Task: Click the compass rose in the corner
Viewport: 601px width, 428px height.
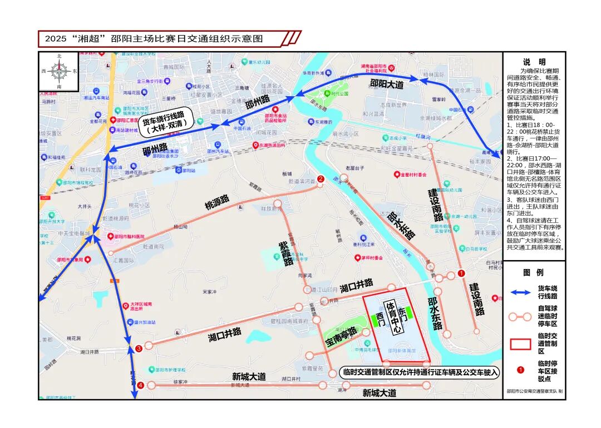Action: pyautogui.click(x=59, y=71)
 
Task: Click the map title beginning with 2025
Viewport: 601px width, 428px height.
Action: pyautogui.click(x=154, y=39)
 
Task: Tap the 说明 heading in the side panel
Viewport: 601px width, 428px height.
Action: pyautogui.click(x=534, y=62)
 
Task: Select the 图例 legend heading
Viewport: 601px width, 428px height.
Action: pyautogui.click(x=534, y=272)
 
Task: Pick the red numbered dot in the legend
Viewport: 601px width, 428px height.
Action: pyautogui.click(x=521, y=369)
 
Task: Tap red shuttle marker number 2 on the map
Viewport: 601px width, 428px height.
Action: pyautogui.click(x=320, y=179)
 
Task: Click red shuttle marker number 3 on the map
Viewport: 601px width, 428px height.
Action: pyautogui.click(x=139, y=349)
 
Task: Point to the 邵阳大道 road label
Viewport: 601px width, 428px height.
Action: pyautogui.click(x=386, y=83)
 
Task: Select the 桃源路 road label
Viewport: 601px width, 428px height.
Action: pyautogui.click(x=217, y=201)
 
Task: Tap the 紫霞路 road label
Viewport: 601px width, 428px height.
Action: pyautogui.click(x=287, y=253)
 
